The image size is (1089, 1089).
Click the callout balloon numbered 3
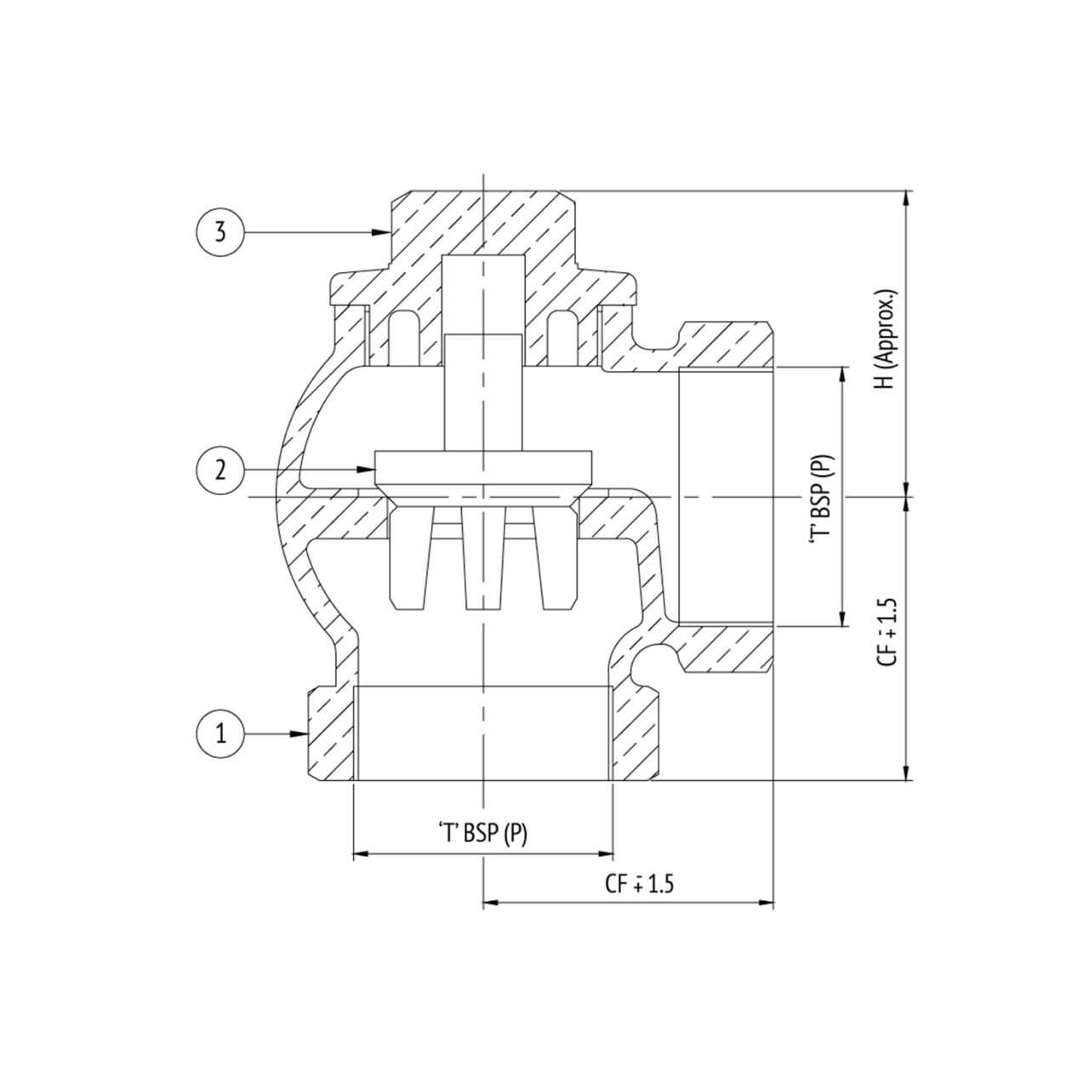click(x=220, y=231)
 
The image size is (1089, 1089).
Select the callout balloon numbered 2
click(x=220, y=470)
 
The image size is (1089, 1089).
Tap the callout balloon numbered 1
click(x=220, y=733)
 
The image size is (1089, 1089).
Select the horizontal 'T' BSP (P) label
click(x=482, y=834)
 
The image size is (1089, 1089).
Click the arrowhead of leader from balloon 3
click(x=383, y=231)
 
